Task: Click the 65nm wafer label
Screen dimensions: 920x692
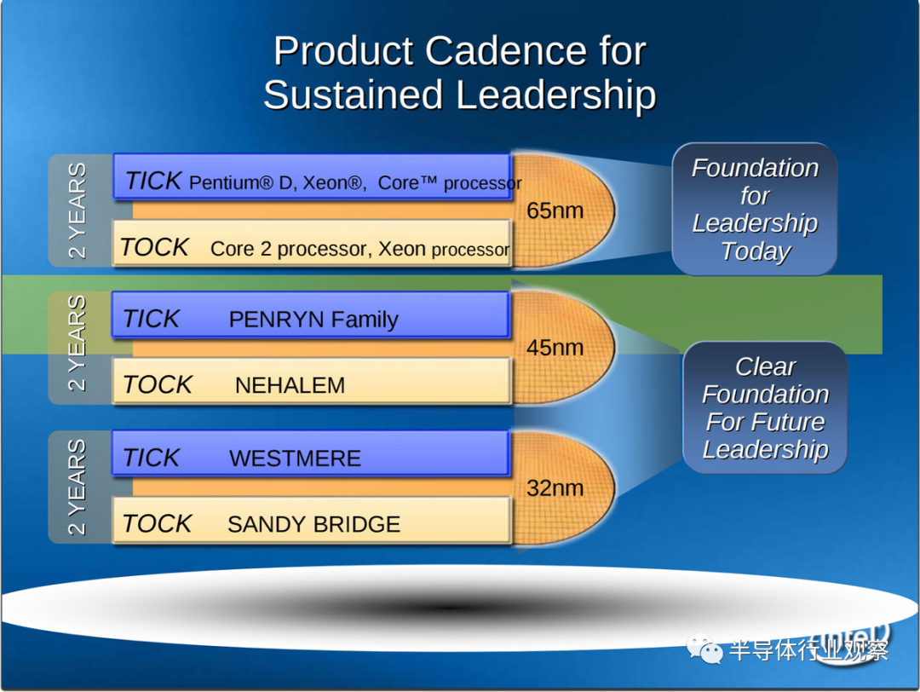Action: coord(555,210)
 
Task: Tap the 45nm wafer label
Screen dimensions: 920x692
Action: coord(555,348)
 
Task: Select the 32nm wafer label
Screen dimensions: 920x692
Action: coord(555,487)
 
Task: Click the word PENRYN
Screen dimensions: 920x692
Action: coord(276,320)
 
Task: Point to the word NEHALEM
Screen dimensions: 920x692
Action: coord(290,385)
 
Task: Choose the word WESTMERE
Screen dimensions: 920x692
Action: coord(295,458)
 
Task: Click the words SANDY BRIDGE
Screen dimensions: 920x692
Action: coord(313,524)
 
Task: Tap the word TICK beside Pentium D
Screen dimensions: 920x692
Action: coord(153,181)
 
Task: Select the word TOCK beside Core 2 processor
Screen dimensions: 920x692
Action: coord(154,247)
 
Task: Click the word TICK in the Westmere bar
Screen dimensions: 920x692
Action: coord(151,458)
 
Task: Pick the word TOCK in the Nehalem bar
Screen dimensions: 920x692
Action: coord(158,385)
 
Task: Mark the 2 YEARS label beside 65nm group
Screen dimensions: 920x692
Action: coord(77,210)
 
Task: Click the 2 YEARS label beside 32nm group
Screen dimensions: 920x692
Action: coord(77,487)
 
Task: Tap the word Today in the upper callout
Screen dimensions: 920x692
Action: coord(756,251)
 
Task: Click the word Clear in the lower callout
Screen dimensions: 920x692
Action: coord(766,366)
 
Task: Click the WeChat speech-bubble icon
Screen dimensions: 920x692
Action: coord(704,649)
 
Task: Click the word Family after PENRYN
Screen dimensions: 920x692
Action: coord(365,320)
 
